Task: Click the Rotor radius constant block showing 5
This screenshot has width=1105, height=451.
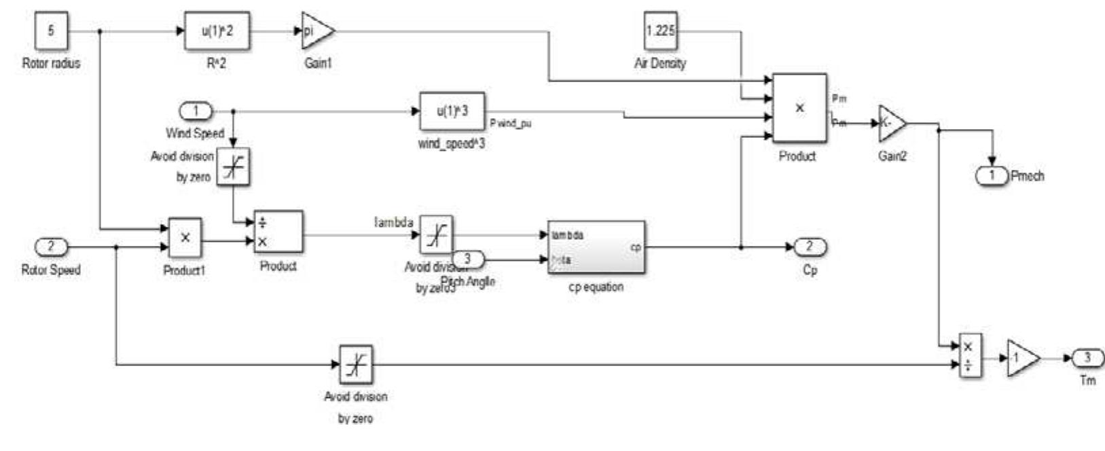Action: pos(51,31)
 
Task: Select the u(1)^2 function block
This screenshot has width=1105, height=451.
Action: pos(217,31)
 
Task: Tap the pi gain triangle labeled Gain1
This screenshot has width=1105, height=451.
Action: pos(315,31)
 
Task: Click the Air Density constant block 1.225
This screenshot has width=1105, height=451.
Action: pos(660,31)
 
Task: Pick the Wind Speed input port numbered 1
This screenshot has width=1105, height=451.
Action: pos(196,111)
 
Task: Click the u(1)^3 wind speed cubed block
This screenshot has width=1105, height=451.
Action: pos(452,111)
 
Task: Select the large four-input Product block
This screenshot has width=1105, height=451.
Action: pos(799,108)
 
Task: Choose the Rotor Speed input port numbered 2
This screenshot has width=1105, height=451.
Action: pos(51,247)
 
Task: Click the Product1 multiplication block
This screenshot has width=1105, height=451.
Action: pos(185,238)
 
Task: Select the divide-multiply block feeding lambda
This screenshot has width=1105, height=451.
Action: pos(278,232)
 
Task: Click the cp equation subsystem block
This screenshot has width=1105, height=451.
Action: pos(596,247)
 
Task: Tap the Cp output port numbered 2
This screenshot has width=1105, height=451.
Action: pos(809,247)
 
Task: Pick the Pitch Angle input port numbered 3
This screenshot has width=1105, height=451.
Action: pos(468,259)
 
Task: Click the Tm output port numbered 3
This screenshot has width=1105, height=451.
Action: pos(1087,358)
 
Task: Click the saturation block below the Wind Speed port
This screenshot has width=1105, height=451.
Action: pos(234,166)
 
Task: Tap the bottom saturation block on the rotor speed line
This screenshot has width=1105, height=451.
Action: pos(356,365)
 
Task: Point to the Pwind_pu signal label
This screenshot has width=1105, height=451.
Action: pos(510,124)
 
